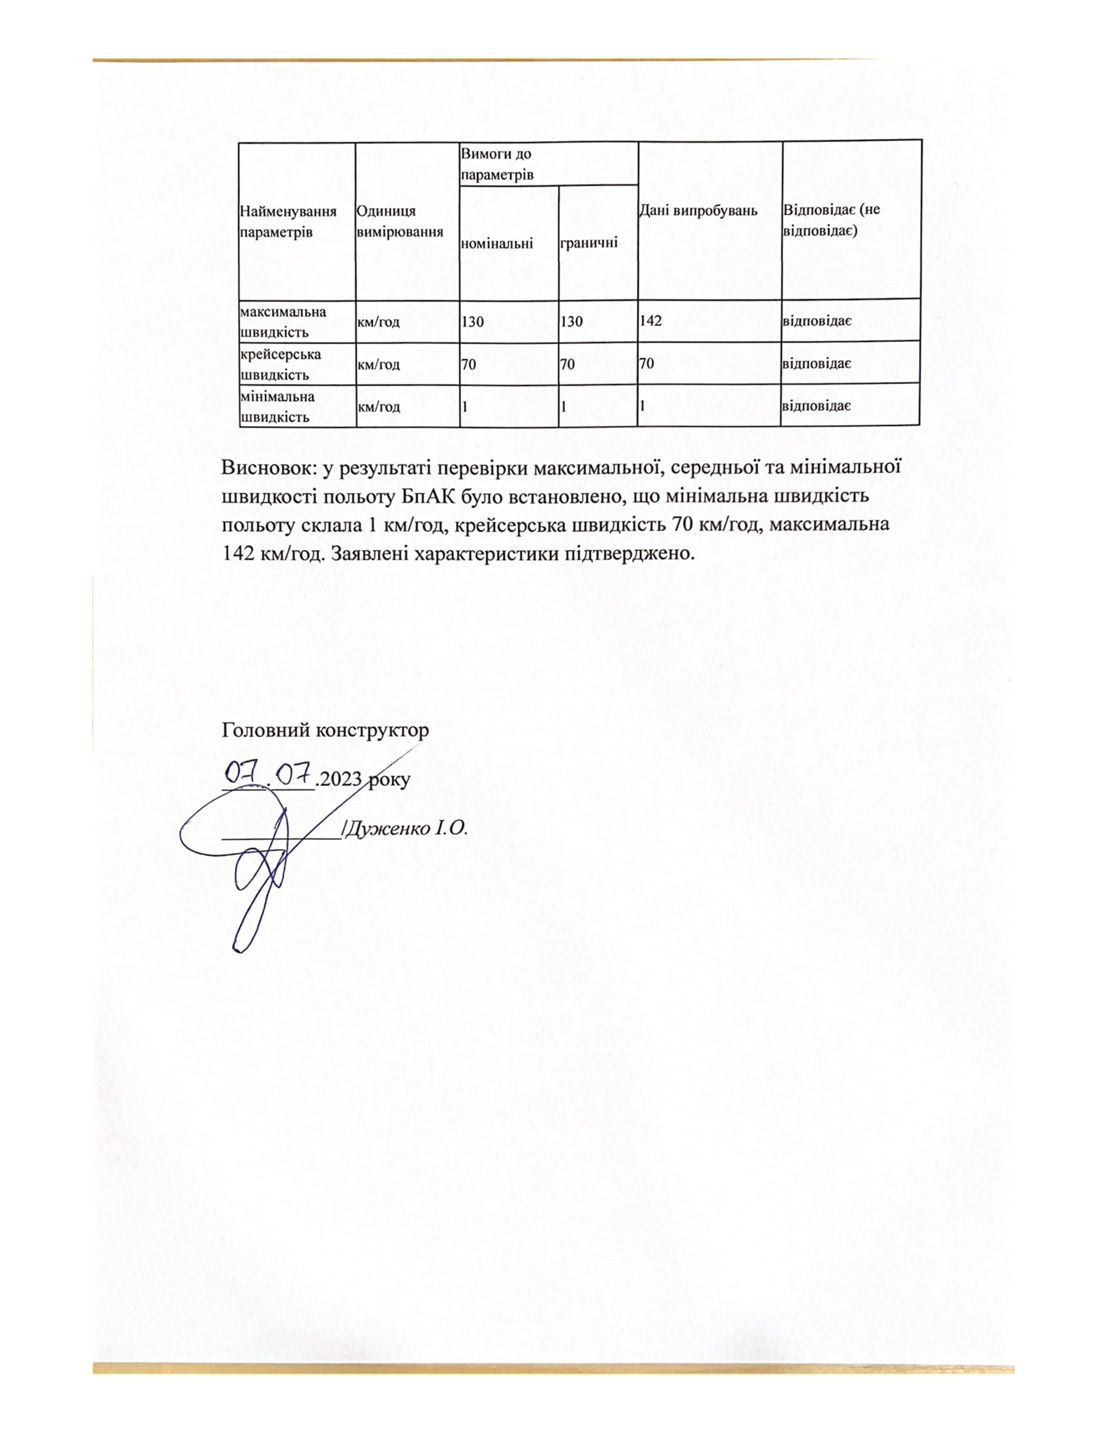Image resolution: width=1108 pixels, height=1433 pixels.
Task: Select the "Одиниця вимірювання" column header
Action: tap(399, 222)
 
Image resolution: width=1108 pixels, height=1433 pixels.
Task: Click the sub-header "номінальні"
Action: tap(498, 244)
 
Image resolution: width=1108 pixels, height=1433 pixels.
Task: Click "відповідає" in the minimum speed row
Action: tap(816, 406)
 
